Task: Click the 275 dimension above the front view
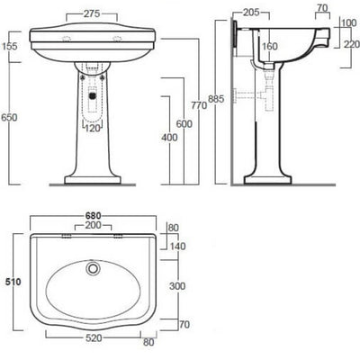(87, 15)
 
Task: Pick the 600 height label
(184, 124)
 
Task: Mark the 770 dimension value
(200, 107)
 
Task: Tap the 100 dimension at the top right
(348, 22)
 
